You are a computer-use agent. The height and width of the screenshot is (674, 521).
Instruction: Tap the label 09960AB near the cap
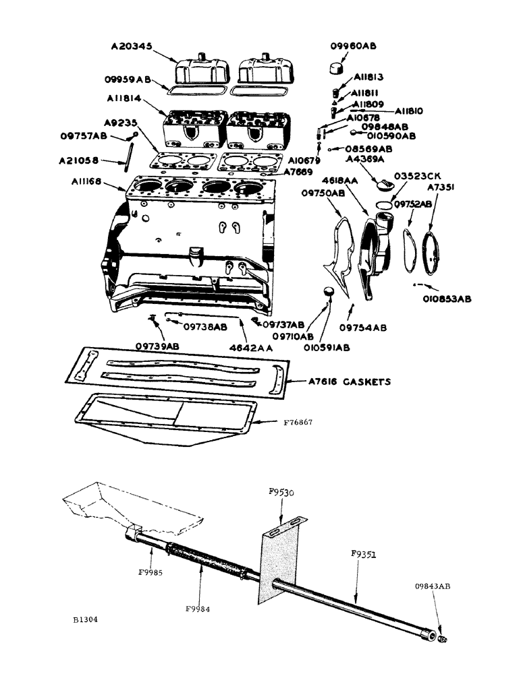point(352,46)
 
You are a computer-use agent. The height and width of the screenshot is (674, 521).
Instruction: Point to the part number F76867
point(298,423)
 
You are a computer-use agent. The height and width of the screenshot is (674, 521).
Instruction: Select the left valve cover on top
point(200,68)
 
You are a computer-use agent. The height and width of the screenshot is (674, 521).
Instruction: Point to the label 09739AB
point(157,344)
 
